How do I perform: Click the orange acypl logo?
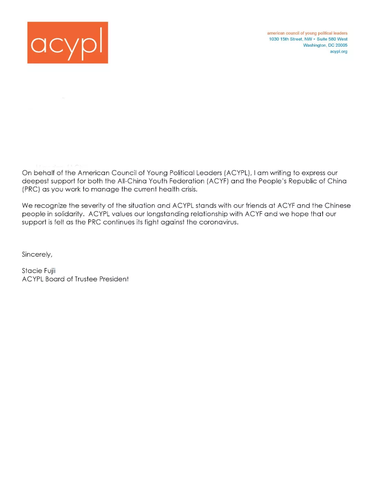tap(68, 42)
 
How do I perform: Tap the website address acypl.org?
tap(338, 51)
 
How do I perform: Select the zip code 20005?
tap(341, 45)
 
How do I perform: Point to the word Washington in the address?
tap(314, 45)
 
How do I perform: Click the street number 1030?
tap(274, 39)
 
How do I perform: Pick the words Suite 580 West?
tap(332, 39)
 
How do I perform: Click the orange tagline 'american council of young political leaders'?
tap(307, 33)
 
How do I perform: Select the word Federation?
tap(187, 181)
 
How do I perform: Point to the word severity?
tap(93, 206)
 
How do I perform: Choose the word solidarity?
tap(69, 214)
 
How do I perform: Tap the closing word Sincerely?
tap(37, 255)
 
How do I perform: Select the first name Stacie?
tap(32, 271)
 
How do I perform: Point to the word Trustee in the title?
tap(86, 279)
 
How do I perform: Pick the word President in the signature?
tap(114, 279)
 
